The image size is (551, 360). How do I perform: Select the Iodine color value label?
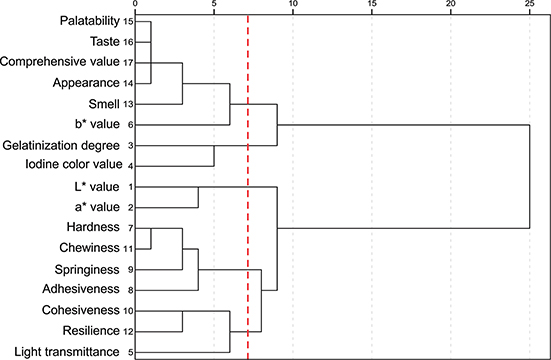[71, 165]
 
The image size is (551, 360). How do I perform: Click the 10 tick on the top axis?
[292, 5]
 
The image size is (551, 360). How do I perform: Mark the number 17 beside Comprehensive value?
[130, 63]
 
